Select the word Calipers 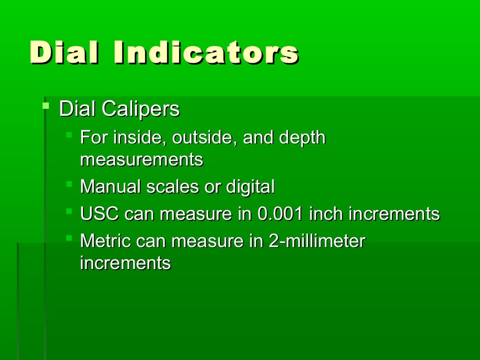tap(141, 109)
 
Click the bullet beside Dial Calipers tap(45, 105)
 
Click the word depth tap(302, 138)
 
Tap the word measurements tap(142, 160)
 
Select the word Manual tap(110, 187)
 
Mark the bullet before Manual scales tap(69, 183)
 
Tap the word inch tap(327, 214)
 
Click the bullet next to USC tap(69, 211)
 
